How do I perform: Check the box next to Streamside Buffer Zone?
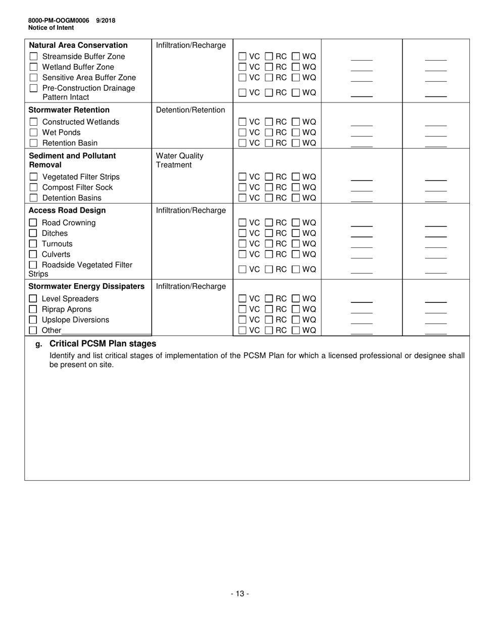[34, 57]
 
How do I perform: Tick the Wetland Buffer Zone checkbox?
[34, 67]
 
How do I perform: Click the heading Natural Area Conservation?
[78, 45]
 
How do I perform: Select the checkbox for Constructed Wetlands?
[34, 122]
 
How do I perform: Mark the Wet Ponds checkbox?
[34, 133]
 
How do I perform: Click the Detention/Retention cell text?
[190, 110]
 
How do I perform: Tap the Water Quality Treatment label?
[180, 160]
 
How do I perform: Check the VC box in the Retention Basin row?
[243, 143]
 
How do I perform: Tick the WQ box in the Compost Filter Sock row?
[296, 188]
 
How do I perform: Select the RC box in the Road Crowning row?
[269, 223]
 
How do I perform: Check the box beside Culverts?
[33, 254]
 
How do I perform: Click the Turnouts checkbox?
[33, 244]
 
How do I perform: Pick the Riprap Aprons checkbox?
[33, 309]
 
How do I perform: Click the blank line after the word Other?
[106, 331]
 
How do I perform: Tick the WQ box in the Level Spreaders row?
[296, 299]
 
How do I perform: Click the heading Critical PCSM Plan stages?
[103, 344]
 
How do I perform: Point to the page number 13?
[240, 594]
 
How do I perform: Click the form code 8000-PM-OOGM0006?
[59, 21]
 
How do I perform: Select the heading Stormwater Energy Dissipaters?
[86, 287]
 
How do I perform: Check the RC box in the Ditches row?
[269, 234]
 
